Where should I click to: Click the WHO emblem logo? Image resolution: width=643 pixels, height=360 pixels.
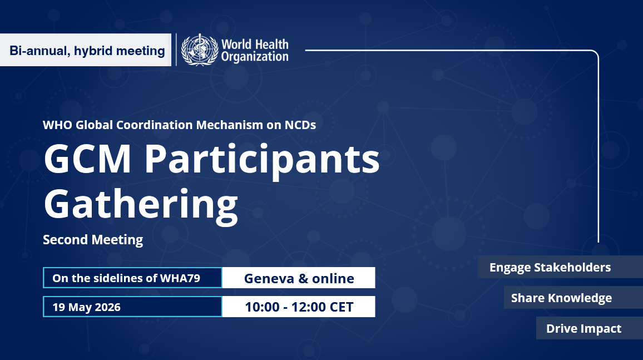click(x=199, y=50)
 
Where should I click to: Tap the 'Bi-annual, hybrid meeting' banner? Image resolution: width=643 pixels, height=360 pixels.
click(x=87, y=51)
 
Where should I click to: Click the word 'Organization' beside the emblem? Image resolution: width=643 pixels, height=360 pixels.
click(x=255, y=56)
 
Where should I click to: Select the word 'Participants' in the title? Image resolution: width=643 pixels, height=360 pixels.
click(x=262, y=161)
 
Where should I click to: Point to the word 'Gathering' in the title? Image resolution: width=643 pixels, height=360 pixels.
click(x=141, y=204)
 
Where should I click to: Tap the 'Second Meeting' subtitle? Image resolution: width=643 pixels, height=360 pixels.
click(x=93, y=240)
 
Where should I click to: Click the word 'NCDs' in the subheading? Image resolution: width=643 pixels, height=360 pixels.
click(x=300, y=125)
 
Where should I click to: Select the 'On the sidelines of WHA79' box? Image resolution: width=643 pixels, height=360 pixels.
click(x=132, y=278)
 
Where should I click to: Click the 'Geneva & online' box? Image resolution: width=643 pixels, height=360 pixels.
click(x=299, y=278)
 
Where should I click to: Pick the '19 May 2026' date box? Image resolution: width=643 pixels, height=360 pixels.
click(x=132, y=307)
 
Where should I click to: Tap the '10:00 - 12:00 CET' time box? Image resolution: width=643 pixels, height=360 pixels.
click(x=299, y=307)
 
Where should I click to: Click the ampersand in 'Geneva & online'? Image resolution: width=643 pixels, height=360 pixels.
click(x=303, y=278)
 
